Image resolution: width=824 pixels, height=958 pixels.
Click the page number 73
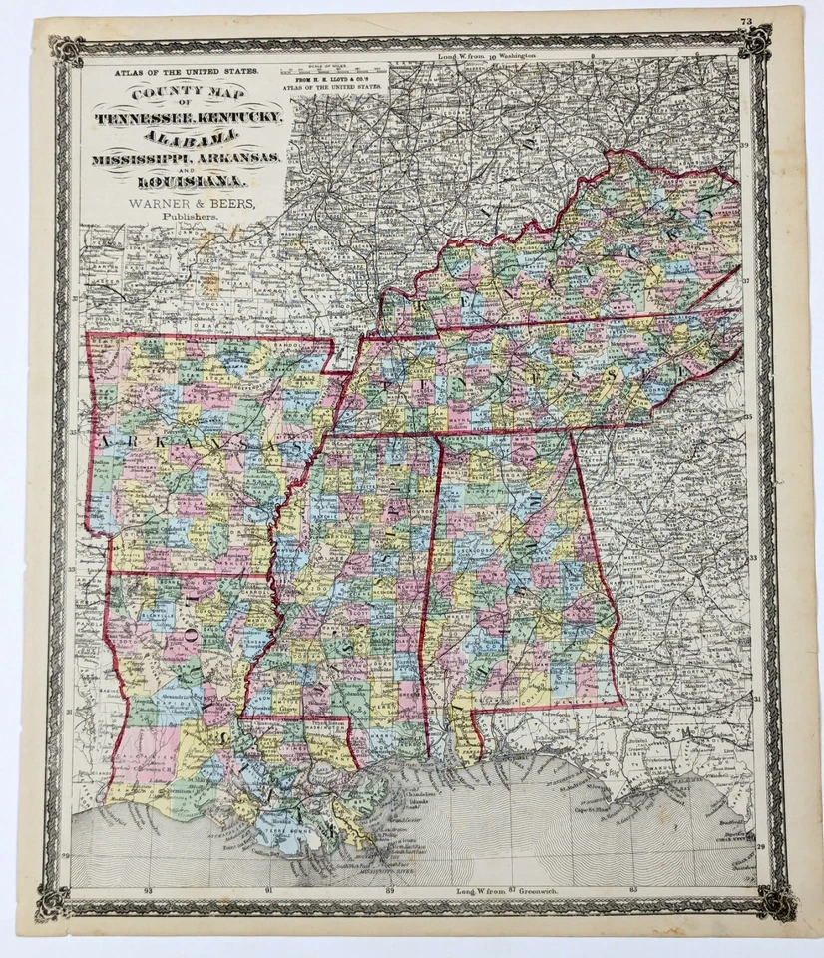(746, 21)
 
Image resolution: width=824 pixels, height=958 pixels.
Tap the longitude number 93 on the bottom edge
(148, 888)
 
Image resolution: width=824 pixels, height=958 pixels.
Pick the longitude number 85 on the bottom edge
(632, 888)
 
